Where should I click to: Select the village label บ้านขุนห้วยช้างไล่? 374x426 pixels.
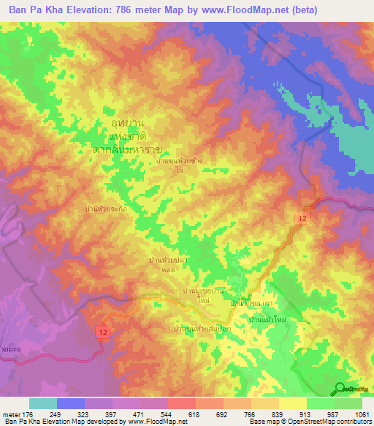click(x=179, y=162)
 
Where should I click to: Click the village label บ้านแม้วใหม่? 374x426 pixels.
click(x=272, y=321)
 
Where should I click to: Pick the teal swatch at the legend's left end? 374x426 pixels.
click(x=42, y=403)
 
